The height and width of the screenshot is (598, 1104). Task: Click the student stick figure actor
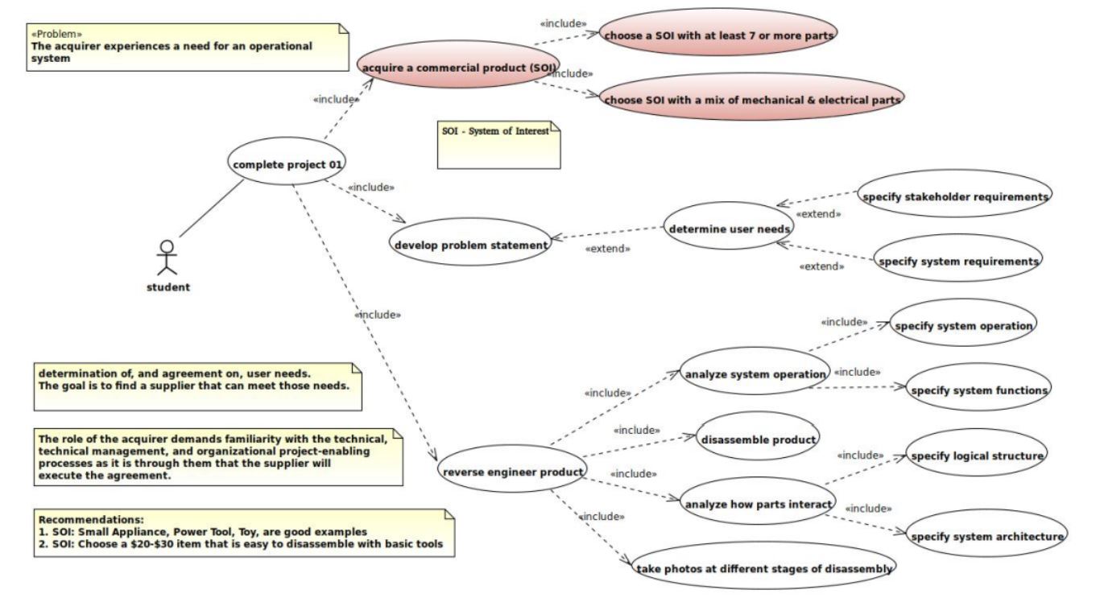[x=167, y=258]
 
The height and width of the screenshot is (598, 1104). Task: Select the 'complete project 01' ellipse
[x=287, y=164]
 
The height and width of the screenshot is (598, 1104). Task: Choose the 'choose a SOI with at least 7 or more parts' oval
[x=719, y=35]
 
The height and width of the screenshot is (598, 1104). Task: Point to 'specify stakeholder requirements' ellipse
[x=955, y=196]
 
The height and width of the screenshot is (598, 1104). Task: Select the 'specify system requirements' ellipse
[x=957, y=262]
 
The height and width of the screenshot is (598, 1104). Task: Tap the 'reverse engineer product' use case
[x=513, y=472]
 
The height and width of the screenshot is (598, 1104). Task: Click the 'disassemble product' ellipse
[x=758, y=439]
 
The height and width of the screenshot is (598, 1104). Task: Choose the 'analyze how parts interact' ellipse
[x=757, y=505]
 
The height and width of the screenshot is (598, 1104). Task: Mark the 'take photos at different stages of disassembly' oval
[x=763, y=568]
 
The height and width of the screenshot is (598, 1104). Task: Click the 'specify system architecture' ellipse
[x=986, y=536]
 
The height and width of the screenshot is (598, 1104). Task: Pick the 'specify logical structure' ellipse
[x=976, y=456]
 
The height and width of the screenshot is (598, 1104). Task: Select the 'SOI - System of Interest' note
[x=498, y=145]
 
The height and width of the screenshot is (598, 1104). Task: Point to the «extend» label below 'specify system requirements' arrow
[x=821, y=266]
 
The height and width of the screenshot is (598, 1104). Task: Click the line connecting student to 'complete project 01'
[x=211, y=208]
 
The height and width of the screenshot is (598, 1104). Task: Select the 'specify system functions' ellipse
[x=978, y=390]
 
